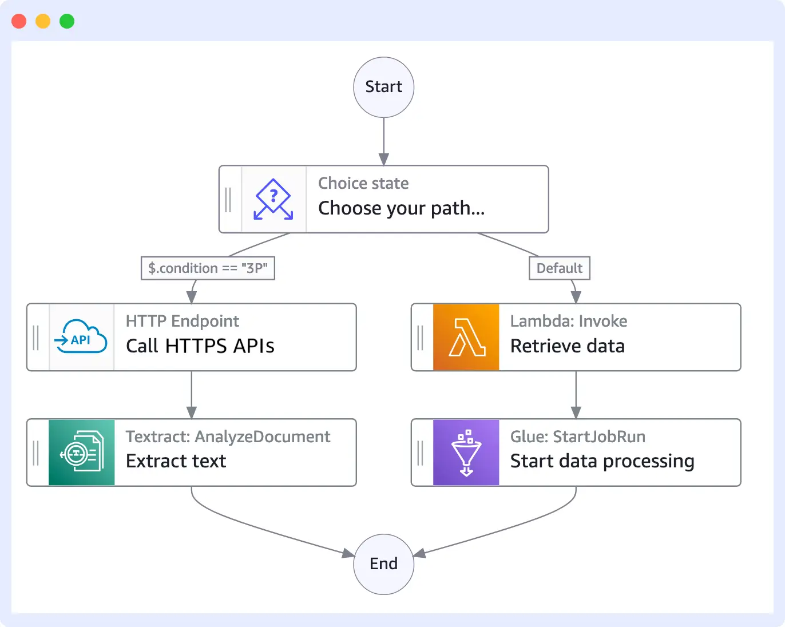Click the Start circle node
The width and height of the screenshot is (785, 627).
(383, 87)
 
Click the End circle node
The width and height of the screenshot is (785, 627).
(383, 564)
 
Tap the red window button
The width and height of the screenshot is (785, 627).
(19, 21)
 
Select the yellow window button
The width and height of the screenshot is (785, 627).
(43, 21)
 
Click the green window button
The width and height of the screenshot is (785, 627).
(67, 21)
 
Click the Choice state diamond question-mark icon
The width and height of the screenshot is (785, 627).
(273, 199)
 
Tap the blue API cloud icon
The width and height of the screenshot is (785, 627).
(81, 338)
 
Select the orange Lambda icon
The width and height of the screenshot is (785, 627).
(466, 338)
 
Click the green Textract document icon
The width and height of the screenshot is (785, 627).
(81, 453)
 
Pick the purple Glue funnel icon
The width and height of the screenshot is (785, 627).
(466, 453)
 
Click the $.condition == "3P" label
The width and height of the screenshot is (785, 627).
(208, 268)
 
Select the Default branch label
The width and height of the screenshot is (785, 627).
(559, 268)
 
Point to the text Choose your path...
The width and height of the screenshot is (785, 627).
(401, 208)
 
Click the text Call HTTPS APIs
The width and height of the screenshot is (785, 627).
(200, 346)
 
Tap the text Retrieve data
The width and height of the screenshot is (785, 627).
(567, 346)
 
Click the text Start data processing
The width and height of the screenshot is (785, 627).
(602, 461)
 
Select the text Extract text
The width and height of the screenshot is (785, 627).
(176, 461)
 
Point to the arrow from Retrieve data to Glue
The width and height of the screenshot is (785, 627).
(576, 395)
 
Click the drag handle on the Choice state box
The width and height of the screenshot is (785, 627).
(228, 200)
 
